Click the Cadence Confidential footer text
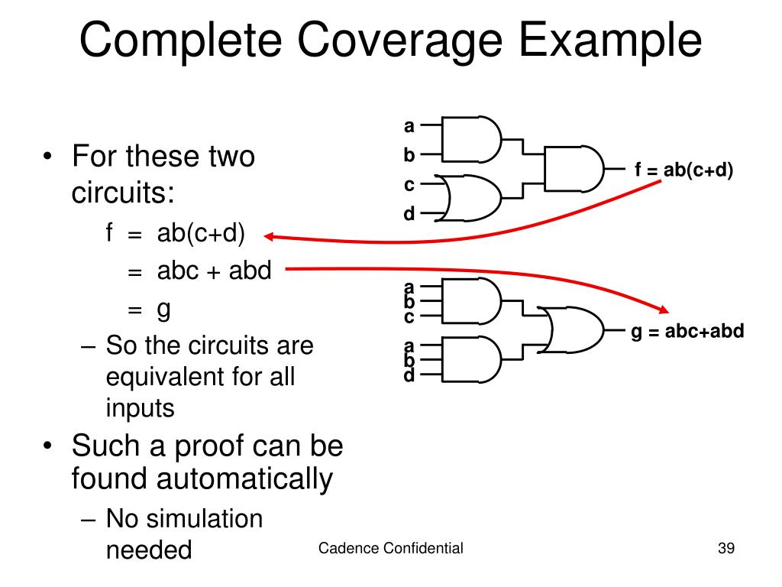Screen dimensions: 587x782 click(390, 547)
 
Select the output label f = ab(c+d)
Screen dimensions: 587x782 click(683, 170)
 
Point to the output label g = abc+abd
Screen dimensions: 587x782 click(687, 332)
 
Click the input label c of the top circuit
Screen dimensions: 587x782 click(409, 185)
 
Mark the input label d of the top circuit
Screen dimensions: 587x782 click(409, 214)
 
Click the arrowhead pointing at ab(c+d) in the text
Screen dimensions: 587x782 click(270, 237)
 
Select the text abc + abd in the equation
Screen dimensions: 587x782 click(214, 271)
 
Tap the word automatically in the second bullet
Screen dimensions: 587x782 click(245, 479)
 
